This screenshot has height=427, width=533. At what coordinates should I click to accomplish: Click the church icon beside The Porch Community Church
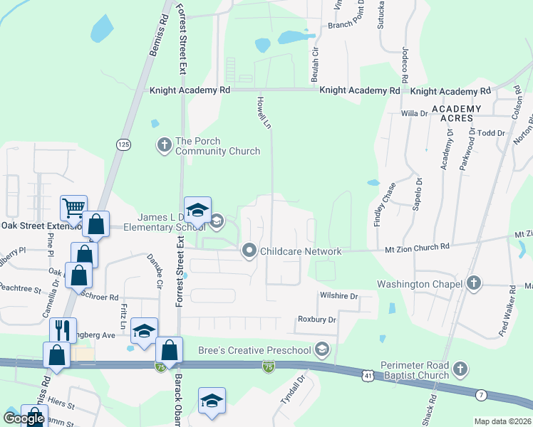coord(164,146)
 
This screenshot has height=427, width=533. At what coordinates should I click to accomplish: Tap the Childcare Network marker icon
coord(249,251)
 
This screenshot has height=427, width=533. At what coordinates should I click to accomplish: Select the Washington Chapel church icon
coord(473,284)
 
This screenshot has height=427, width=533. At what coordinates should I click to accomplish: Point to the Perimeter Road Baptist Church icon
coord(460,369)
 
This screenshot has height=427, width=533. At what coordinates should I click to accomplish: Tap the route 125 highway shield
coord(123,144)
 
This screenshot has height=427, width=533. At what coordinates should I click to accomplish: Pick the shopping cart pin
coord(73,208)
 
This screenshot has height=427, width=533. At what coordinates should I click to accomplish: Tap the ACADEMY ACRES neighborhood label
coord(456,113)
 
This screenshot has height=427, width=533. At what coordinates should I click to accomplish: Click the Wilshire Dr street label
coord(338,295)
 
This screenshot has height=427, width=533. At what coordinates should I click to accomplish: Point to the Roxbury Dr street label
coord(316,320)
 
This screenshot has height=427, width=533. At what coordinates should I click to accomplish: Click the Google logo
coord(24,418)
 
